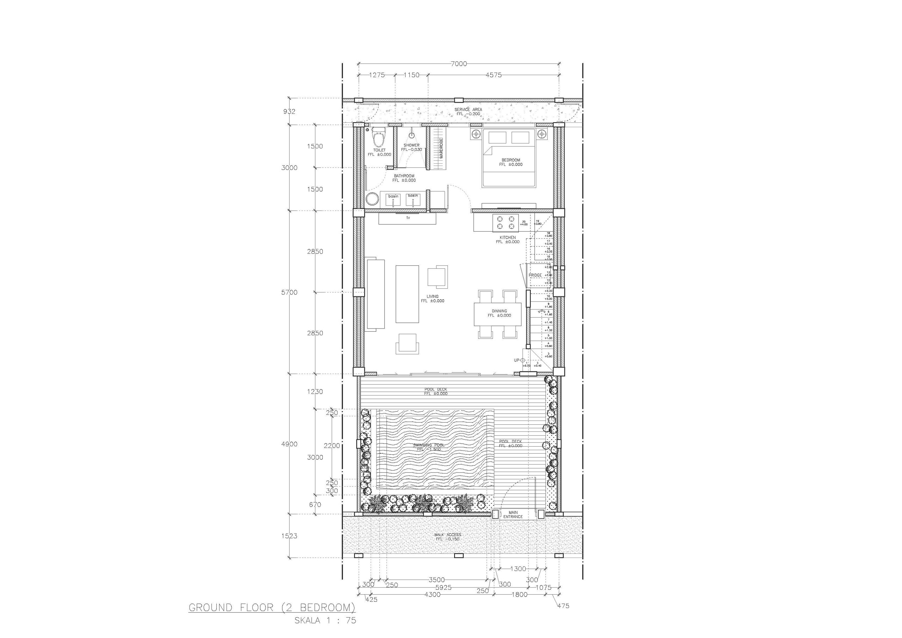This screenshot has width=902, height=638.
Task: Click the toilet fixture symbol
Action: (379, 137)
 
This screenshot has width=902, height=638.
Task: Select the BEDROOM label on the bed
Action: (511, 160)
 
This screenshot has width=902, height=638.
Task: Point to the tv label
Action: (408, 217)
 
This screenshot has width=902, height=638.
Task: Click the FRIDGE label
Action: (535, 275)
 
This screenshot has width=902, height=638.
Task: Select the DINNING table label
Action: (499, 311)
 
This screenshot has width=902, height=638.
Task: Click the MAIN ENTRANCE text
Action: (513, 515)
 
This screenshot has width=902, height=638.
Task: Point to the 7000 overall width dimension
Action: (458, 64)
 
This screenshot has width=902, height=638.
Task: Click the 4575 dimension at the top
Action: (493, 75)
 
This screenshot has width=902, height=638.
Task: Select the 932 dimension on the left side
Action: (289, 112)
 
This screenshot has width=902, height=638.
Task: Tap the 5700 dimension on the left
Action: (289, 293)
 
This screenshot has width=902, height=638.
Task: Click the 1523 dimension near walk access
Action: (289, 536)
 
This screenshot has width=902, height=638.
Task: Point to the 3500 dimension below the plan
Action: (437, 580)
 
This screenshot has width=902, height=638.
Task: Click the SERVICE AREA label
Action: (468, 110)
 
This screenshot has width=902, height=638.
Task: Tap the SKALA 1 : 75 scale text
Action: (325, 621)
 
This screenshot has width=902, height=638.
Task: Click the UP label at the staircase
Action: (517, 361)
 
